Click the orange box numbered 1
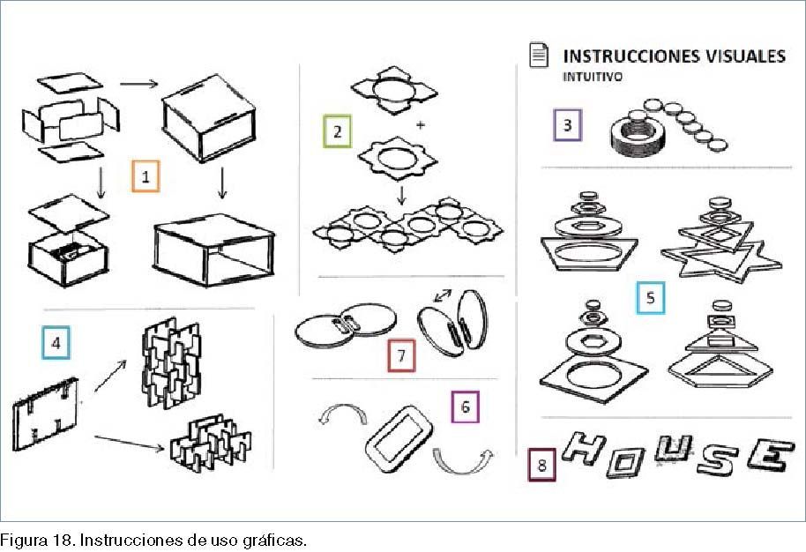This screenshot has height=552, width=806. point(146,176)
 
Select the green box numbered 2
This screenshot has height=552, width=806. point(337,131)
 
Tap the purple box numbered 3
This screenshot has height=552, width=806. point(568,125)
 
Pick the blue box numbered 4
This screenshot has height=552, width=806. point(56,343)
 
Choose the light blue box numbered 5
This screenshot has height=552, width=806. point(650,297)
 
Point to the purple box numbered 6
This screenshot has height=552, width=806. point(466,407)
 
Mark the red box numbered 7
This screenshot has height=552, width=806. point(401,355)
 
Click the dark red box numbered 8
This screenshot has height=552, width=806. point(541,465)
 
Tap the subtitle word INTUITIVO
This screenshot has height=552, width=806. point(593,77)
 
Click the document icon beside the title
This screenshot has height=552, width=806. point(539,55)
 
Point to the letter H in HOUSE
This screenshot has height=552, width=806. point(583,447)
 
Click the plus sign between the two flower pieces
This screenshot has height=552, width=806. point(421,124)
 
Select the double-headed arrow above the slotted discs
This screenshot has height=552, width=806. point(443,295)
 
